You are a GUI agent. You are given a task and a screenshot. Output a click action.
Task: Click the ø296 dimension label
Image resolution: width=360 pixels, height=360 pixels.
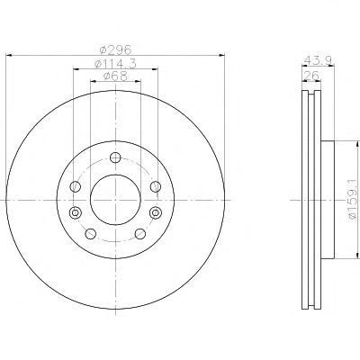115,49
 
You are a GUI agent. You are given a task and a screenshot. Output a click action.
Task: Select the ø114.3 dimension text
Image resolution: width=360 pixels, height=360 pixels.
115,63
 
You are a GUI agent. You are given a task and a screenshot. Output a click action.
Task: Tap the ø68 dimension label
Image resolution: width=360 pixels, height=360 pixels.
115,76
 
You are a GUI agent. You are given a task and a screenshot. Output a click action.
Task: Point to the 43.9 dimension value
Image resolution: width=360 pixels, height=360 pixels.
318,60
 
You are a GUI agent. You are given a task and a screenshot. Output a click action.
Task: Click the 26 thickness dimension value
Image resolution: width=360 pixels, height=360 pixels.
310,76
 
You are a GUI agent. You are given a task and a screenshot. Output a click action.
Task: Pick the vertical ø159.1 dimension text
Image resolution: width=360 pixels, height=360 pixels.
353,200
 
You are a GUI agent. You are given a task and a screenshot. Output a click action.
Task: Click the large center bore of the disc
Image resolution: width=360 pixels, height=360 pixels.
115,200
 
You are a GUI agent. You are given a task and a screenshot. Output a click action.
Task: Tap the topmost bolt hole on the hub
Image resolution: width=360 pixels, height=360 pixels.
115,157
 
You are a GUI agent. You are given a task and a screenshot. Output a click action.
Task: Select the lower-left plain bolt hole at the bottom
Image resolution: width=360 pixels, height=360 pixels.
91,234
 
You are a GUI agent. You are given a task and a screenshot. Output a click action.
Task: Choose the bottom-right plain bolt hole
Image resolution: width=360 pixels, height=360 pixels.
140,234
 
